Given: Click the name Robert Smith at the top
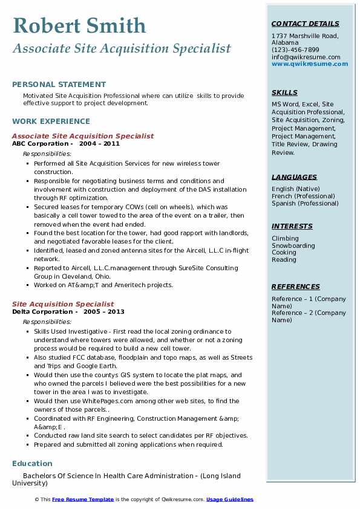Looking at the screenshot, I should point(79,25).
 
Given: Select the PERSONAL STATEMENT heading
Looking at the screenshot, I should point(59,85).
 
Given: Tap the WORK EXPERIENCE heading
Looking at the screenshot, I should point(51,122).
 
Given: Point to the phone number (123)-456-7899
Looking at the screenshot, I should point(295,50).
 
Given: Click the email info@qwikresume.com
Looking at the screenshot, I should point(306,57).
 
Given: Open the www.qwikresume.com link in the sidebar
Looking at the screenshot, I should point(306,63).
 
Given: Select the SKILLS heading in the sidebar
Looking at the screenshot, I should point(284,92).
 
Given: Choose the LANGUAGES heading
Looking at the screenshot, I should point(294,177).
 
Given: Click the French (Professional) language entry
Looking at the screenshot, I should point(304,196).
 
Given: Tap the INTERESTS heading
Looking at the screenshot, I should point(292,226).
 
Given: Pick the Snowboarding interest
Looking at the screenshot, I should point(293,245).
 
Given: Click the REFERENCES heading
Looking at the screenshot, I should point(295,287).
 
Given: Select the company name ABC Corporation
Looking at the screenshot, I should point(40,144).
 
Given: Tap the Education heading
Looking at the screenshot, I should point(32,464).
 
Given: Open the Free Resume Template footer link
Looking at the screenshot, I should point(83,499).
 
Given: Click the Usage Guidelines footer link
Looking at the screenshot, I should point(229,499).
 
